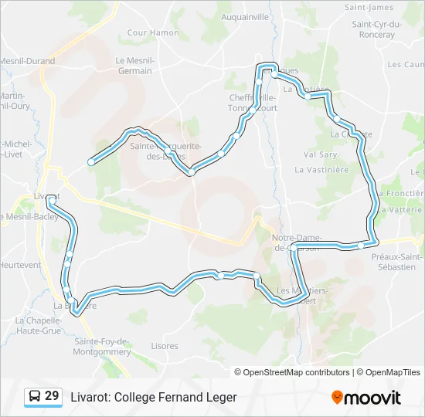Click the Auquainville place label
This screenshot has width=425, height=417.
pyautogui.click(x=244, y=16)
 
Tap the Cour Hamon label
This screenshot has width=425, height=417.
pyautogui.click(x=153, y=33)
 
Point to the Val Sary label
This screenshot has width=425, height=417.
pyautogui.click(x=320, y=154)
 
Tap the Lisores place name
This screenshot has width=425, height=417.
pyautogui.click(x=164, y=346)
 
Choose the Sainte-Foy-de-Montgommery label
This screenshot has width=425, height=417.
pyautogui.click(x=102, y=347)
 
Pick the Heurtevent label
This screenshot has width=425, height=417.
pyautogui.click(x=20, y=265)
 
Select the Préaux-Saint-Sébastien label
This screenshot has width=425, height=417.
pyautogui.click(x=397, y=262)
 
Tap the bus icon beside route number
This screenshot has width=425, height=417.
pyautogui.click(x=36, y=397)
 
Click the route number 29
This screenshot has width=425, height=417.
pyautogui.click(x=52, y=396)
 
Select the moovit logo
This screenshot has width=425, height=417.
pyautogui.click(x=366, y=398)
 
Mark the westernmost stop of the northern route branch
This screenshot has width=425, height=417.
pyautogui.click(x=91, y=161)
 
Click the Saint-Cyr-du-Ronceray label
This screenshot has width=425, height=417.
pyautogui.click(x=378, y=29)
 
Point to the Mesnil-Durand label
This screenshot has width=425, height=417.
pyautogui.click(x=28, y=61)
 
